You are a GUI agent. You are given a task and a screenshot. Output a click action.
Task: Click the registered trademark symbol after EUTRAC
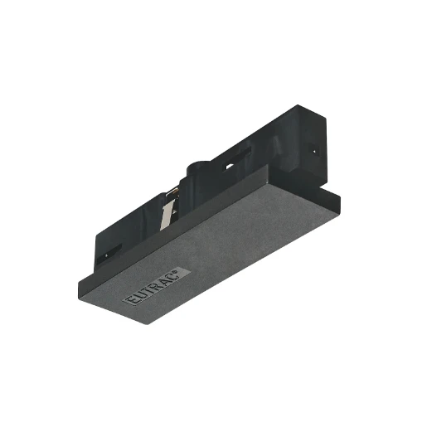(188, 269)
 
